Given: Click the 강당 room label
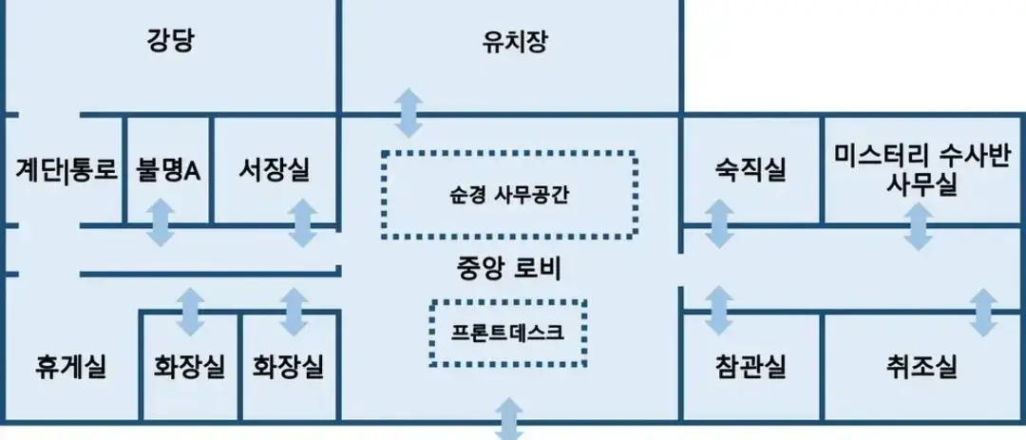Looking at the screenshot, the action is pyautogui.click(x=170, y=43).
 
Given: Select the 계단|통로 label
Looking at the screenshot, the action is pyautogui.click(x=66, y=170).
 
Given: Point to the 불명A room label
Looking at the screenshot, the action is pyautogui.click(x=167, y=170).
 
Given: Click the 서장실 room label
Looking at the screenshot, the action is pyautogui.click(x=275, y=170).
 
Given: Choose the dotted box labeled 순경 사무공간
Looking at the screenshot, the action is pyautogui.click(x=509, y=195).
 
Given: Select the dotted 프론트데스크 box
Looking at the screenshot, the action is pyautogui.click(x=507, y=334).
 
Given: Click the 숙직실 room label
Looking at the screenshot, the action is pyautogui.click(x=750, y=172).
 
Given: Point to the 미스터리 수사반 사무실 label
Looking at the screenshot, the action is pyautogui.click(x=921, y=170).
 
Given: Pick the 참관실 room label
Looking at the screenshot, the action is pyautogui.click(x=750, y=366).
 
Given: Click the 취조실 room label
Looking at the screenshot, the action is pyautogui.click(x=921, y=366).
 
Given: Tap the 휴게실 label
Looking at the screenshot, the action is pyautogui.click(x=70, y=366).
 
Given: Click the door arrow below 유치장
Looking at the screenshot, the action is pyautogui.click(x=408, y=113).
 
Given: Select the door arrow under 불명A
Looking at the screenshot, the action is pyautogui.click(x=160, y=222).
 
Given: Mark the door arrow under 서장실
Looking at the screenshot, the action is pyautogui.click(x=303, y=222).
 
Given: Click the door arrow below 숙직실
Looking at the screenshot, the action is pyautogui.click(x=719, y=223).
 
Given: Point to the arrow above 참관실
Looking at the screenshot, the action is pyautogui.click(x=719, y=311).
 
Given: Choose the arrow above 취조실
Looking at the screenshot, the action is pyautogui.click(x=983, y=313).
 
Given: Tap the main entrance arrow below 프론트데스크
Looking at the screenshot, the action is pyautogui.click(x=509, y=419).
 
